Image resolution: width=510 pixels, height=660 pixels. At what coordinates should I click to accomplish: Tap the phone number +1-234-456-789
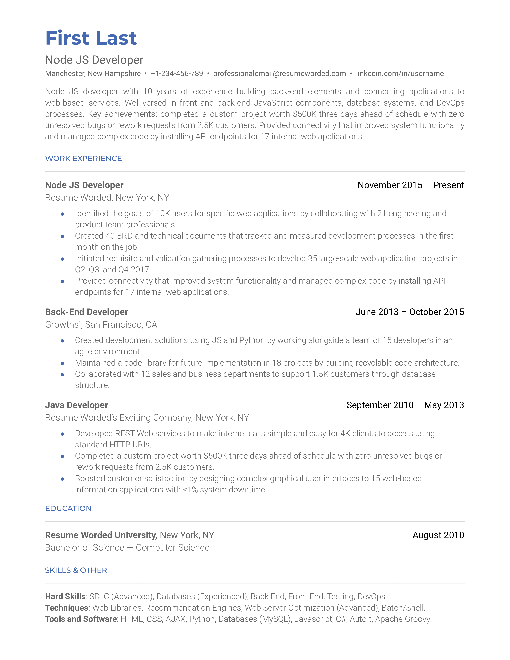tap(177, 73)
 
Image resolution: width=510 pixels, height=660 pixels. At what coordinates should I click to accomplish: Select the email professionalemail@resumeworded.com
tap(279, 73)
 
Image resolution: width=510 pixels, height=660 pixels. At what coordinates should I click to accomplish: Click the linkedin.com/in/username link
tap(400, 73)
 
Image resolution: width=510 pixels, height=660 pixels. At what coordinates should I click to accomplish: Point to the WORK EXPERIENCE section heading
tap(83, 158)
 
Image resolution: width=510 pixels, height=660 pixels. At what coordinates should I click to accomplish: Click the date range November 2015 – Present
tap(411, 185)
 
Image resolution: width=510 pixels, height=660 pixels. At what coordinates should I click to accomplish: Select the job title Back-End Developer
tap(86, 312)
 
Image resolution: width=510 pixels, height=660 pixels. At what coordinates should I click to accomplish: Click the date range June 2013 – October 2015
tap(410, 312)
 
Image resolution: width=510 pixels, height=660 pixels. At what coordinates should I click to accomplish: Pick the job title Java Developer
tap(76, 405)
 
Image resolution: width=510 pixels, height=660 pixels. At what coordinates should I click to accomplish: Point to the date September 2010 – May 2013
tap(405, 405)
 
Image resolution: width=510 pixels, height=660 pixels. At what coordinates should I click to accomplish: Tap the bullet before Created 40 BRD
tap(62, 236)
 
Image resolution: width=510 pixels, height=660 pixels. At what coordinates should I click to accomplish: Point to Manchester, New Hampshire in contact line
tap(93, 73)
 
